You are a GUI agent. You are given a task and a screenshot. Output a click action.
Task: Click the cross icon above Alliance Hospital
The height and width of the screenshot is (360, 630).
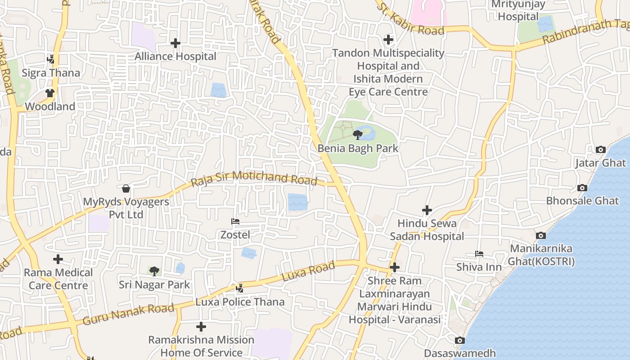(175, 43)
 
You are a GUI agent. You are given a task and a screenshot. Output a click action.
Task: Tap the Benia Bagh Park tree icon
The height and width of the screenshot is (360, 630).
(358, 135)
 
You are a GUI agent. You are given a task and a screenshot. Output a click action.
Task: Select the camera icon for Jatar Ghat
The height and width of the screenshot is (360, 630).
(600, 149)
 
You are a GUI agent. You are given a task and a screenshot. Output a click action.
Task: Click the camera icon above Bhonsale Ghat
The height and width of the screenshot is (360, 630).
(582, 188)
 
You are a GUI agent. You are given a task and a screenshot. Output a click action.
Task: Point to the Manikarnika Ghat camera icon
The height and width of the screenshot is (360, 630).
(541, 235)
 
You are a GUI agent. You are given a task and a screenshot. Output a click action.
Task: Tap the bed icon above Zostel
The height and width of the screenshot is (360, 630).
(235, 221)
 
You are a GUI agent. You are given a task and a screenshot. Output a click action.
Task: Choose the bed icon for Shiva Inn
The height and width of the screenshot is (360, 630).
(479, 254)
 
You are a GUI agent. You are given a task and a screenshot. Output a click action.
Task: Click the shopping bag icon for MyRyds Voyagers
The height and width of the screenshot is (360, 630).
(126, 188)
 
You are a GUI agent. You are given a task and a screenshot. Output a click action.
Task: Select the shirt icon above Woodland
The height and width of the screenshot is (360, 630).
(49, 93)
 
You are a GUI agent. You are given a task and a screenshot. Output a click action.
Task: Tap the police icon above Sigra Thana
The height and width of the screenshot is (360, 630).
(51, 59)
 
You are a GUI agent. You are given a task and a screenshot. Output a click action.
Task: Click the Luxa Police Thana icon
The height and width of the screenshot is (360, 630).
(240, 288)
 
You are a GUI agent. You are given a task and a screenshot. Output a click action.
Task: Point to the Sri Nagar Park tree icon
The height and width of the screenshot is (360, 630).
(154, 271)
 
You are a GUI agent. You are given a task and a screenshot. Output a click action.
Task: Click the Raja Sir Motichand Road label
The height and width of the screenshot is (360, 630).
(254, 178)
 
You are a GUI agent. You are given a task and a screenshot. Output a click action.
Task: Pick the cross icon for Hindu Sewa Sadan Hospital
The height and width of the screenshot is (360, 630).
(427, 210)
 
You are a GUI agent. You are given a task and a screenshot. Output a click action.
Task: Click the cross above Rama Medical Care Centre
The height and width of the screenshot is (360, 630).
(58, 259)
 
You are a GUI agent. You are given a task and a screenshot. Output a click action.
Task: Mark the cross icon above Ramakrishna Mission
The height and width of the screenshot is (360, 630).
(201, 327)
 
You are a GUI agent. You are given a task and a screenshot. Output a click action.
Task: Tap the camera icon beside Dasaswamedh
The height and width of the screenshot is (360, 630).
(459, 340)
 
